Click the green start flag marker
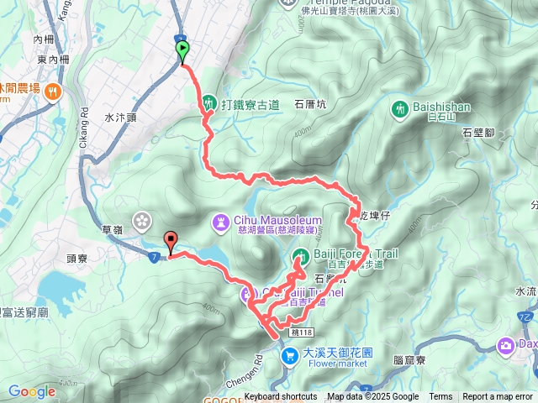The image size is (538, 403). (183, 51)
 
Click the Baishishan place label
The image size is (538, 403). (442, 107)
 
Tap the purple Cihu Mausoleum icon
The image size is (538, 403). (220, 222)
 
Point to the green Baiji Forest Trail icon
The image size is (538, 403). (300, 255)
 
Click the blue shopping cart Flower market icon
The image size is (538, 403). (289, 358)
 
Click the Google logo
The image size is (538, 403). (31, 391)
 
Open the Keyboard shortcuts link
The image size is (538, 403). (281, 397)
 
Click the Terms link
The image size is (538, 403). (440, 397)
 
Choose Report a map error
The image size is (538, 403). (498, 397)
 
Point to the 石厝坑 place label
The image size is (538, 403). (310, 105)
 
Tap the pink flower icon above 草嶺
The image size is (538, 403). (141, 220)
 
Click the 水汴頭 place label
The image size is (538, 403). (121, 118)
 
